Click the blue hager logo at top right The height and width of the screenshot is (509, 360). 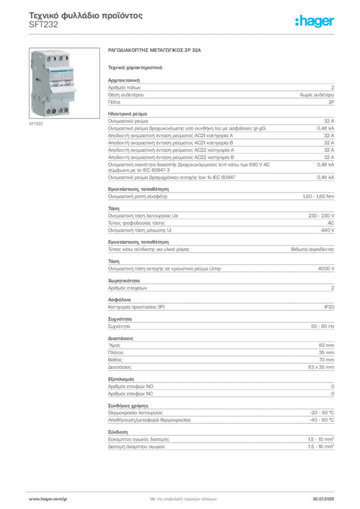(316, 21)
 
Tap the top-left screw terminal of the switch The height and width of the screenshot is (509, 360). (49, 58)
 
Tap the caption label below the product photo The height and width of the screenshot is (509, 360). (35, 124)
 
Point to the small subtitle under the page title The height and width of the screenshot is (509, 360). (43, 28)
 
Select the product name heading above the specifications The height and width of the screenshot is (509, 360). (155, 51)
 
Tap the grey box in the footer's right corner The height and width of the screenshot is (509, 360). (326, 496)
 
